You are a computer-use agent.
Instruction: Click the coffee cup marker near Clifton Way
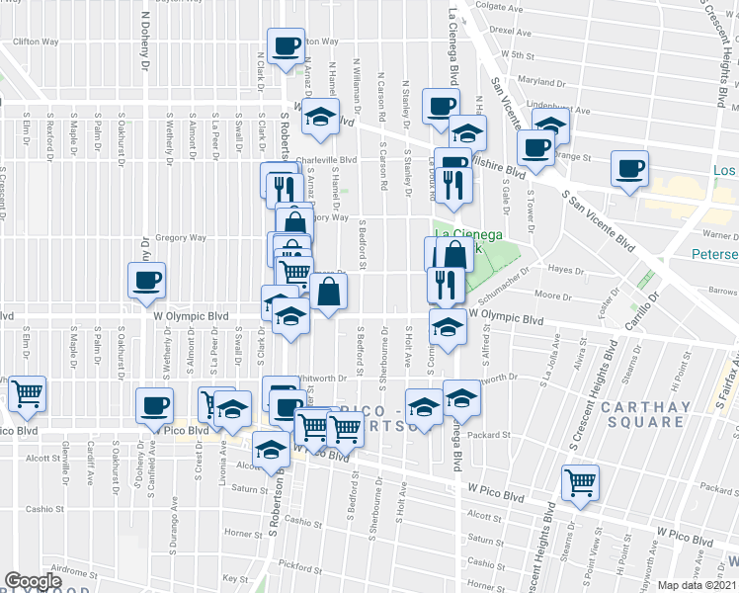(287, 44)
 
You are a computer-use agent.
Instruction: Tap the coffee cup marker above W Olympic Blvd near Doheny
(146, 280)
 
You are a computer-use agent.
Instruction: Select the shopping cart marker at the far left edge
(27, 393)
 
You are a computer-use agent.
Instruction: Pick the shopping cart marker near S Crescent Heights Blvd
(580, 482)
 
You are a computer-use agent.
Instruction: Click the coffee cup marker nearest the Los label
(629, 168)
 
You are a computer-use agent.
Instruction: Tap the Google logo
(33, 581)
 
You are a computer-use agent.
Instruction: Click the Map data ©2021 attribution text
(697, 585)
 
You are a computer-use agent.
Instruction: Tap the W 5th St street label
(518, 56)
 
